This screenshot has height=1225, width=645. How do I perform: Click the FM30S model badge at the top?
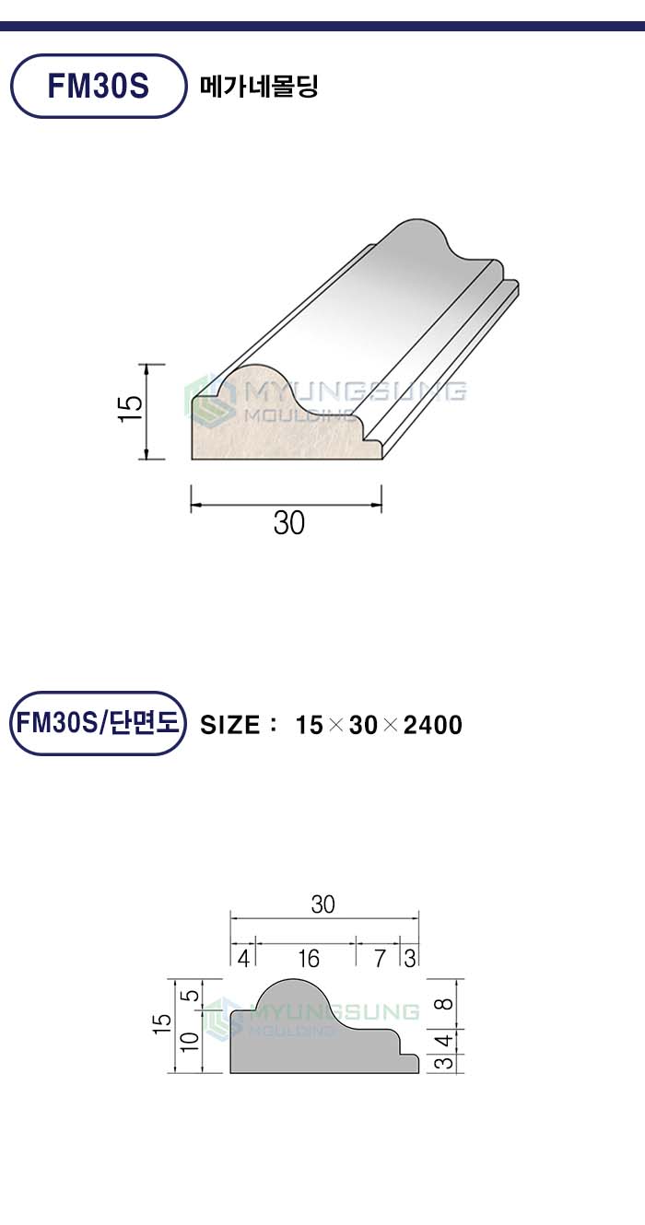point(99,86)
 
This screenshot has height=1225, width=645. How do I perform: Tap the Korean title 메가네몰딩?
point(258,86)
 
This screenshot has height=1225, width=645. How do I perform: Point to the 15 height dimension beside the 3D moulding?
point(130,408)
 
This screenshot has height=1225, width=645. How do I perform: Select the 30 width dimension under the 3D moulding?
point(288,523)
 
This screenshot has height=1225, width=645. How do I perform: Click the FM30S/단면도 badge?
point(99,723)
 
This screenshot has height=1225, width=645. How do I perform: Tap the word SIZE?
point(229,725)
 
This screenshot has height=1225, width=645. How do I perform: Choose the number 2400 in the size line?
point(433,725)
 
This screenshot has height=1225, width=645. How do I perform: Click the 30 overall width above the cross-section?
point(322,904)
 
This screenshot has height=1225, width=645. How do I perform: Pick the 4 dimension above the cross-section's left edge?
point(243,958)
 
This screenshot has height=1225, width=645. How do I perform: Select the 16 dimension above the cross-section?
point(309,958)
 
